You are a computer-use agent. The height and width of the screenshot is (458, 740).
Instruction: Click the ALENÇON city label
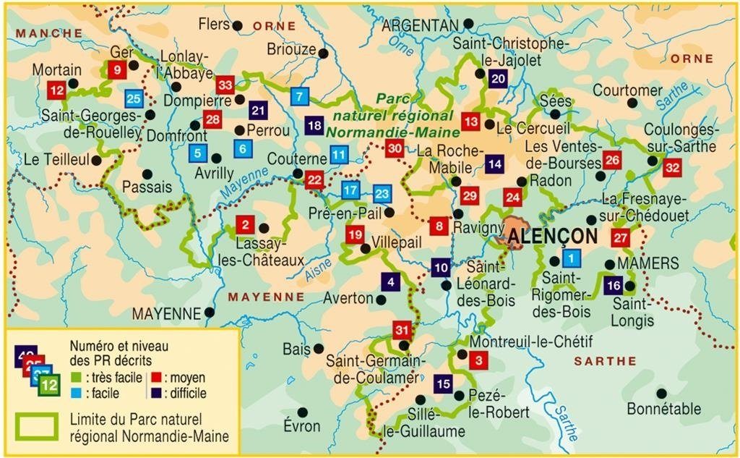click(552, 237)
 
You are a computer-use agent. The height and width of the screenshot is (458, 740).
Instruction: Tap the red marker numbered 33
click(225, 85)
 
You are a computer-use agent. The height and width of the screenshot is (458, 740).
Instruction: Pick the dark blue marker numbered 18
click(314, 125)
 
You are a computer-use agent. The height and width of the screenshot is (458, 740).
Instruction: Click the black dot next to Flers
click(237, 25)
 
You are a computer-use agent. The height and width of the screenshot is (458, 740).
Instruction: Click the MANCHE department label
click(49, 33)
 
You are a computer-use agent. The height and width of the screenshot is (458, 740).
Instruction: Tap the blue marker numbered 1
click(571, 257)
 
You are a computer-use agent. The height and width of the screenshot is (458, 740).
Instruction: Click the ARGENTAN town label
click(420, 25)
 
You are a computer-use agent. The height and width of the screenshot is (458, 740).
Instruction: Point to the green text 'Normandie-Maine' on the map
click(392, 132)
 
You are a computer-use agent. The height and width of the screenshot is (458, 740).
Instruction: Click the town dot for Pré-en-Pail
click(390, 213)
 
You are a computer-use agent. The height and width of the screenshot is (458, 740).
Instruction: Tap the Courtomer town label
click(627, 90)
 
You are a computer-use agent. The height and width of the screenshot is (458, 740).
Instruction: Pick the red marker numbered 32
click(672, 168)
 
